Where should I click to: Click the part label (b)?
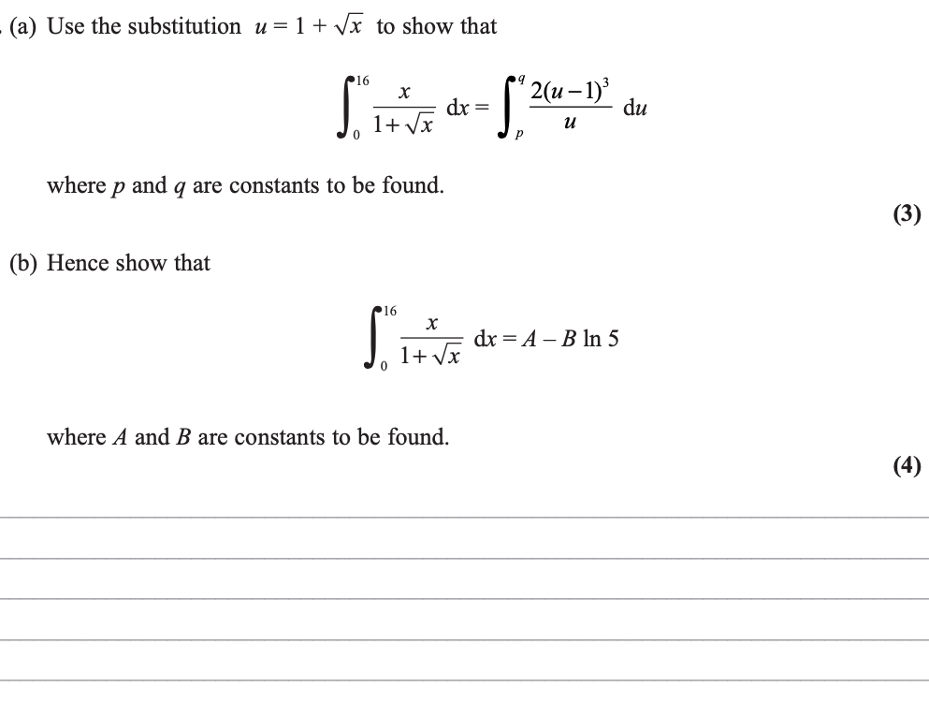(24, 263)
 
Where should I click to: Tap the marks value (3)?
(906, 214)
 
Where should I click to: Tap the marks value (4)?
(906, 465)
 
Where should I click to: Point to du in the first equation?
(634, 108)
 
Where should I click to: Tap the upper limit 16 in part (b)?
(389, 310)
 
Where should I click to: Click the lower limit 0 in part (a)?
(356, 138)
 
